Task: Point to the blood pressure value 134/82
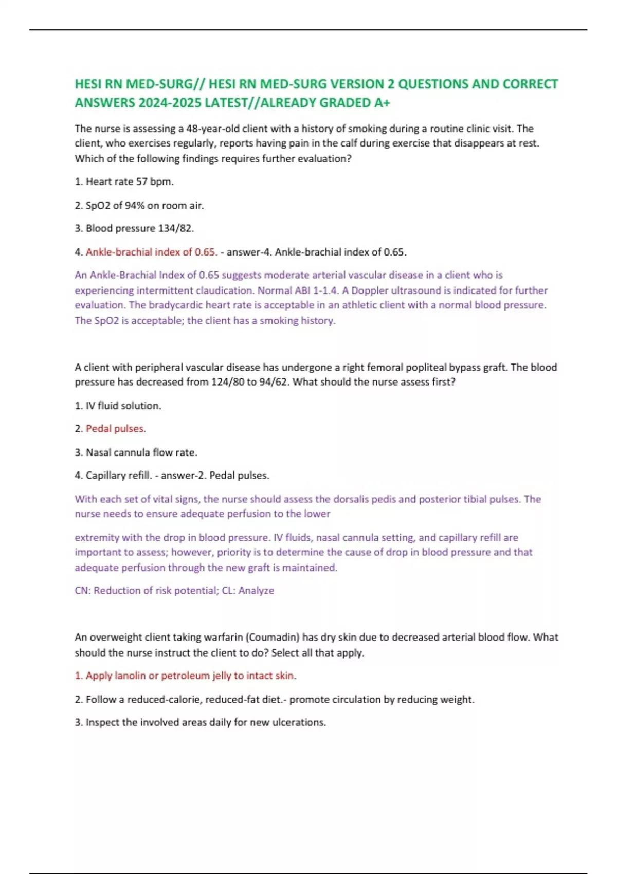[x=176, y=228]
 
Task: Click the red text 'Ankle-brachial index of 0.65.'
[x=151, y=252]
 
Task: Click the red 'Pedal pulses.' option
[x=116, y=429]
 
